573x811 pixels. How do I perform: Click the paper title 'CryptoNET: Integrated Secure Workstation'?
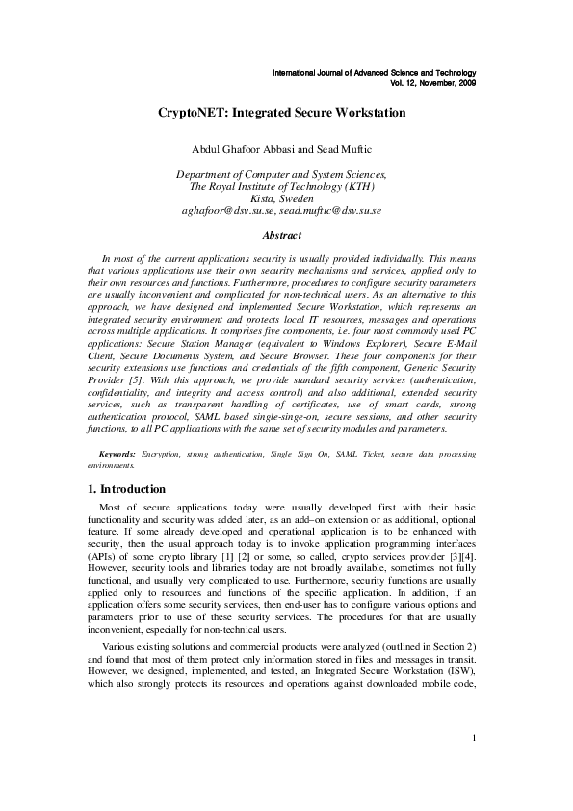click(x=281, y=113)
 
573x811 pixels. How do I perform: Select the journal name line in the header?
click(x=375, y=73)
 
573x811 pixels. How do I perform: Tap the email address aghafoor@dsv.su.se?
click(x=228, y=209)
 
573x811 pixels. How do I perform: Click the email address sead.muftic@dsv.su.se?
click(x=330, y=209)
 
